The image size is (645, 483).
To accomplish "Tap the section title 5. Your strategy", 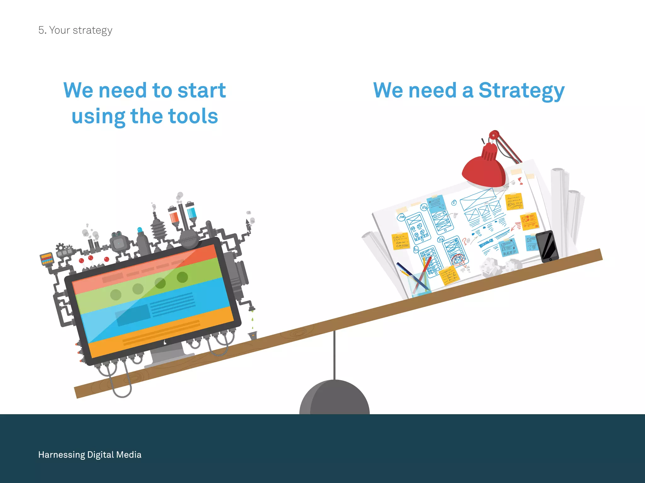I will pyautogui.click(x=75, y=30).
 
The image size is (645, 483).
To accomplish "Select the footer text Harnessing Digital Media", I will pyautogui.click(x=90, y=455).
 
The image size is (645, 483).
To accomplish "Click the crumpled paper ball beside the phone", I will pyautogui.click(x=491, y=267).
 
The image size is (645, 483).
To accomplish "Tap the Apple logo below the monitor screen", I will pyautogui.click(x=165, y=342).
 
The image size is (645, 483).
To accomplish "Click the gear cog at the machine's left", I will pyautogui.click(x=60, y=247).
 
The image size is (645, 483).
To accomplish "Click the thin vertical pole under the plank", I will pyautogui.click(x=334, y=355).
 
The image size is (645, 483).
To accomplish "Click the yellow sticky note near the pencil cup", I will pyautogui.click(x=449, y=275).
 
